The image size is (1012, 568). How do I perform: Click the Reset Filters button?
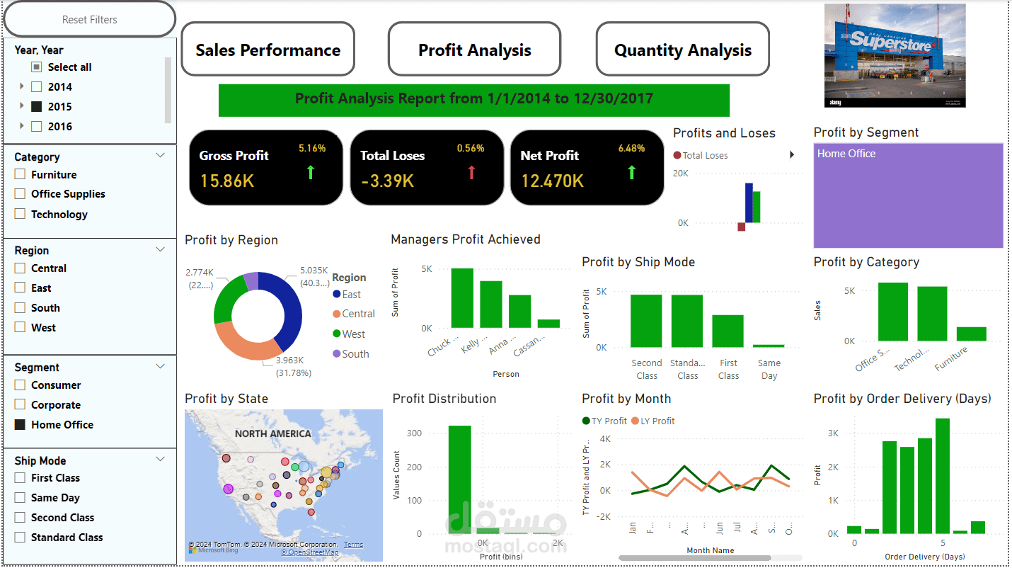click(90, 20)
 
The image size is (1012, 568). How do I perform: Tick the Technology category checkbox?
click(20, 214)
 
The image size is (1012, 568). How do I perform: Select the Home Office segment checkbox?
click(20, 425)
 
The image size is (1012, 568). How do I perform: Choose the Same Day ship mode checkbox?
click(20, 498)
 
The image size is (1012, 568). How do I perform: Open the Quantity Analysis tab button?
click(682, 50)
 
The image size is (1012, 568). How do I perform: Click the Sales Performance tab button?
click(268, 50)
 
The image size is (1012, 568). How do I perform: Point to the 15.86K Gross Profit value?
click(226, 181)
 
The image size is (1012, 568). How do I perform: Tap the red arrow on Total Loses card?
click(472, 172)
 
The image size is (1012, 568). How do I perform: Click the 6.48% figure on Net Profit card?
click(631, 149)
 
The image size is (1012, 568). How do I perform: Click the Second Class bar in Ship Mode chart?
click(646, 321)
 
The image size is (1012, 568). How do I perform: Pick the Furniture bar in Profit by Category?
click(971, 334)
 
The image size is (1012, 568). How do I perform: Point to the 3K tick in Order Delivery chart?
click(834, 433)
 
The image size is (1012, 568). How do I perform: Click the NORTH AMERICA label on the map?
click(272, 433)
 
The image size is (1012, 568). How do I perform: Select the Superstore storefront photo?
click(895, 55)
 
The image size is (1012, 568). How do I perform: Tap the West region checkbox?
click(20, 328)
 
